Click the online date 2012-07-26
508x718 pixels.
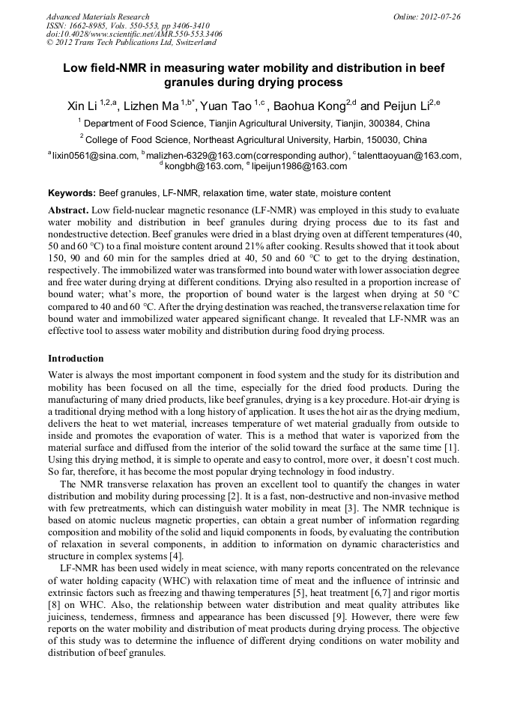(x=441, y=16)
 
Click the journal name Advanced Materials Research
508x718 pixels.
(x=97, y=16)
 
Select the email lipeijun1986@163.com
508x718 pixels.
(x=299, y=166)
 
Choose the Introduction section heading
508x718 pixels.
(x=76, y=359)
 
